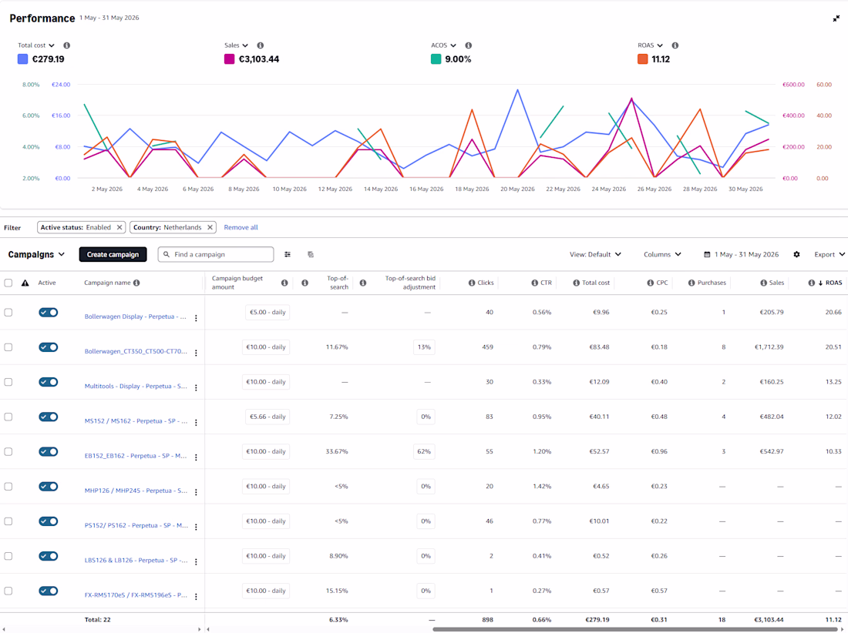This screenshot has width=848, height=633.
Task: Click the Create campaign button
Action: (x=113, y=254)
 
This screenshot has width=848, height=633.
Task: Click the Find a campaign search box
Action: (x=216, y=254)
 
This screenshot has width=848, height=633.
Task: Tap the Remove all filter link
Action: (x=241, y=227)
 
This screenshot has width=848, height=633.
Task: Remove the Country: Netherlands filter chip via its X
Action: (x=210, y=227)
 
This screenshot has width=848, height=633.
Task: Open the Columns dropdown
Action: (x=662, y=254)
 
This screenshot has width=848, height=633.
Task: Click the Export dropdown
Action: (x=829, y=254)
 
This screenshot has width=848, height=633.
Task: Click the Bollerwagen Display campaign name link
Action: (x=135, y=316)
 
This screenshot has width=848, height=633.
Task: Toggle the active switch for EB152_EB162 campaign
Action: (x=48, y=451)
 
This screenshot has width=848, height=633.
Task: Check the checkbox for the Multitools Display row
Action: (x=8, y=382)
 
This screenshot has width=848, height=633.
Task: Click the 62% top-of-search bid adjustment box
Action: (x=424, y=451)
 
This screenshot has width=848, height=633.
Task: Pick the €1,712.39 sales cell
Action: (x=769, y=347)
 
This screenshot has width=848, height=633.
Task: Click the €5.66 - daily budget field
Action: (x=268, y=417)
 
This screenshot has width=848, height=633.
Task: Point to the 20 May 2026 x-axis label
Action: (x=517, y=189)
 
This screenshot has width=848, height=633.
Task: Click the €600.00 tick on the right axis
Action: (x=792, y=84)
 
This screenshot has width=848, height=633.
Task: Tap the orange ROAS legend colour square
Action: (x=642, y=59)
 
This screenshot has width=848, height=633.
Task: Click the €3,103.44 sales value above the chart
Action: (x=259, y=59)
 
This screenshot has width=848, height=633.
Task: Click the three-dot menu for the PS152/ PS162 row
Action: (x=196, y=527)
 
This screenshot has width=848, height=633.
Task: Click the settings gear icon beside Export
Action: (x=796, y=254)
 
